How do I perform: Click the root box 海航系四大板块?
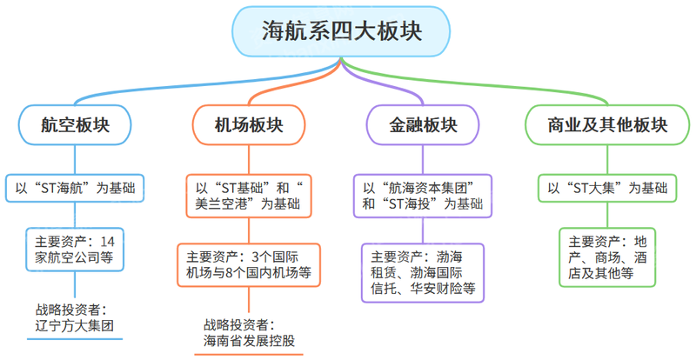pos(341,31)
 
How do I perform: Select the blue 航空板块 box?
pos(75,125)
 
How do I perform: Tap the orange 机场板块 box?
pos(249,125)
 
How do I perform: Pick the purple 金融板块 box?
pos(423,125)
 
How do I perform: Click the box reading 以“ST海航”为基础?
pos(75,188)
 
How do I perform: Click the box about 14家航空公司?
pos(75,249)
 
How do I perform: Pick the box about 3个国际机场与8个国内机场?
pos(249,265)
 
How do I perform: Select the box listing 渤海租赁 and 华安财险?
pos(423,273)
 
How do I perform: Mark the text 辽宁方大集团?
pos(75,328)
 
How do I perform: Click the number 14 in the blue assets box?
pos(108,240)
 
